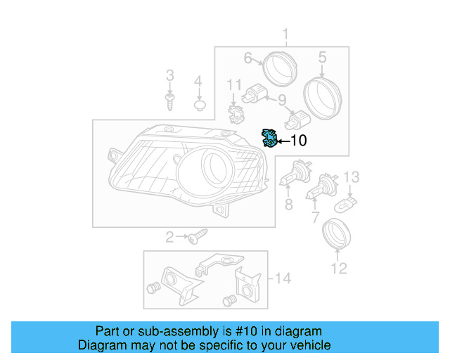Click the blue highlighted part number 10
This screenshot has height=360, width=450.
pos(268,139)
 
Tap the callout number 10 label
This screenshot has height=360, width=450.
pos(298,141)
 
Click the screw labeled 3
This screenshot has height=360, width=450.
pos(169,101)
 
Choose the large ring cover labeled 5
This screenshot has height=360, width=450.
pos(322,96)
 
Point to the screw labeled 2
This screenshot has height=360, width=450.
pos(197,236)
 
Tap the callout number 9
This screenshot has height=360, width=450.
pos(281,101)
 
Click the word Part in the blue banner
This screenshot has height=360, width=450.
pos(108,331)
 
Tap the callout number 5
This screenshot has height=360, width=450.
pos(322,57)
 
